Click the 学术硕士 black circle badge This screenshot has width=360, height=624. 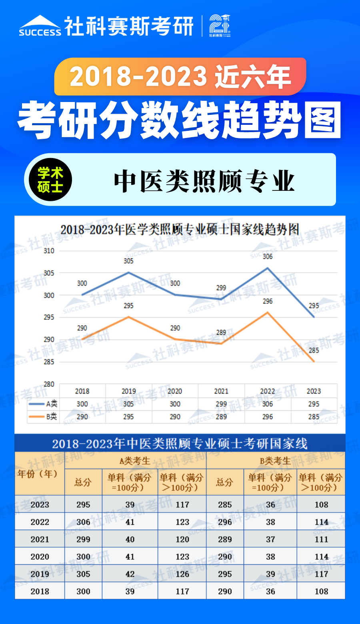[x=50, y=180]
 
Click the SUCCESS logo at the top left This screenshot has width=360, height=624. [x=40, y=26]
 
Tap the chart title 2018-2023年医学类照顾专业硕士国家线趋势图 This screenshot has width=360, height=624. [x=180, y=230]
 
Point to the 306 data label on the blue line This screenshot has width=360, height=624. [x=268, y=256]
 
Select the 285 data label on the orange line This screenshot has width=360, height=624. [x=314, y=350]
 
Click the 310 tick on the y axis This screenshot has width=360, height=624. [x=49, y=251]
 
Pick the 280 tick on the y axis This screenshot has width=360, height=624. [x=49, y=384]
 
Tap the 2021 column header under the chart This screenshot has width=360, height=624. [x=221, y=391]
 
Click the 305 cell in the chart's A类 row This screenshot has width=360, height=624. [x=128, y=404]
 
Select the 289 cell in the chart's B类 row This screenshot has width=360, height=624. [x=221, y=417]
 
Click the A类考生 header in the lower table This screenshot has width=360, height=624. [x=135, y=461]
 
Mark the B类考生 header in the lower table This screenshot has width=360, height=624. [x=275, y=461]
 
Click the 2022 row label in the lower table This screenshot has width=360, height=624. [x=40, y=522]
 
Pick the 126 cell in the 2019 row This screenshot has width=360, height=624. [x=182, y=574]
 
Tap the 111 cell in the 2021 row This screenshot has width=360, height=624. [x=321, y=539]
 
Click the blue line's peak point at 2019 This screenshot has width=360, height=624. [x=128, y=273]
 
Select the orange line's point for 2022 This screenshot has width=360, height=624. [x=268, y=312]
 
